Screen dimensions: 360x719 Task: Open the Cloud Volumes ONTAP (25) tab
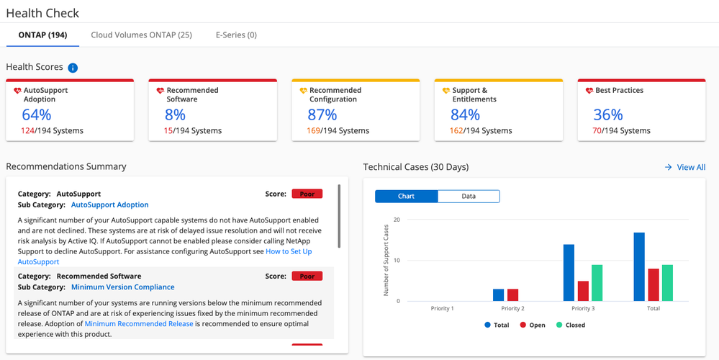coord(141,35)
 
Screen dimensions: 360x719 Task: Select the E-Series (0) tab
coord(236,35)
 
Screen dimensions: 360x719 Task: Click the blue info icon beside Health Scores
coord(73,68)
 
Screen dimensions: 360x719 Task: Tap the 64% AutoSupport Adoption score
coord(37,114)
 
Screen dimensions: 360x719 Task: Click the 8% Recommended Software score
coord(175,114)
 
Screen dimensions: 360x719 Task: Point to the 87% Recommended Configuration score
coord(322,114)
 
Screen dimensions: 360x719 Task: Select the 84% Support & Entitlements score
coord(465,114)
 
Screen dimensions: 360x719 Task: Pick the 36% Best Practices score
coord(607,114)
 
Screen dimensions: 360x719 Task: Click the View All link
coord(690,167)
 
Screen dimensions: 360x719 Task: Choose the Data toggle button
coord(469,196)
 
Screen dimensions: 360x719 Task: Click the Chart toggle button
coord(406,196)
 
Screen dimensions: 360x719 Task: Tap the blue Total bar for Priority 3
coord(569,273)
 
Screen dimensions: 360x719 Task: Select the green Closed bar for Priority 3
coord(597,283)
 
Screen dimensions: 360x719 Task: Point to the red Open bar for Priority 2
coord(512,294)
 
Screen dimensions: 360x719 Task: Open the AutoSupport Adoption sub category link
coord(109,204)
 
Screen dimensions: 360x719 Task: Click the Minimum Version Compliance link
coord(122,287)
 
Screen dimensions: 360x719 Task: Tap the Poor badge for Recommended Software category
coord(307,276)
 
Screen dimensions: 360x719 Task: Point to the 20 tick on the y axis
coord(397,220)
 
